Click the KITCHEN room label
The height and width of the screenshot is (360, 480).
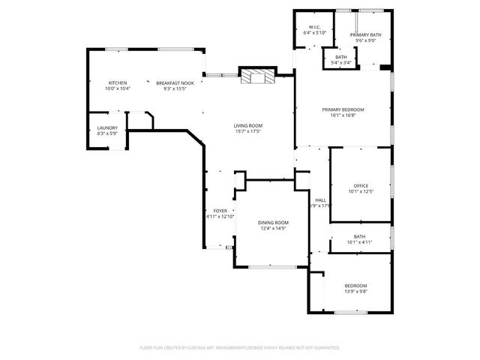117,82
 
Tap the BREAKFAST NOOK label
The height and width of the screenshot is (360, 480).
175,82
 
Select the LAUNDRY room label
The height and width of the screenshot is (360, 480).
107,127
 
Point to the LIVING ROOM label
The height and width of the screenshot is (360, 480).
247,125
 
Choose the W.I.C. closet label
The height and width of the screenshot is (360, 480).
312,28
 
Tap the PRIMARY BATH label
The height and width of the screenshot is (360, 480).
365,34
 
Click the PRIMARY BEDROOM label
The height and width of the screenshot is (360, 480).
343,109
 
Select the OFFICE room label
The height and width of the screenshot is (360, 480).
361,185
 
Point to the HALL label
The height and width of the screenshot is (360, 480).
320,199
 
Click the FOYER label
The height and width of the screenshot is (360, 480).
220,211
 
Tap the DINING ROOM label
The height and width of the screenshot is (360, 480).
273,223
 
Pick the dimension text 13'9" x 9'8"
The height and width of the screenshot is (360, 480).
355,291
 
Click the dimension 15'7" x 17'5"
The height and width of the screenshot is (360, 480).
247,131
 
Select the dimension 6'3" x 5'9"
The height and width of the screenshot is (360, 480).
107,133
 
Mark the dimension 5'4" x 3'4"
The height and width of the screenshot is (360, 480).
341,62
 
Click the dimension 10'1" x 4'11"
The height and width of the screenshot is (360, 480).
349,241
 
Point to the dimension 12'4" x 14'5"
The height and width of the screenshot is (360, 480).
273,229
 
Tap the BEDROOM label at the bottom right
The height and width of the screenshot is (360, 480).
355,285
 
